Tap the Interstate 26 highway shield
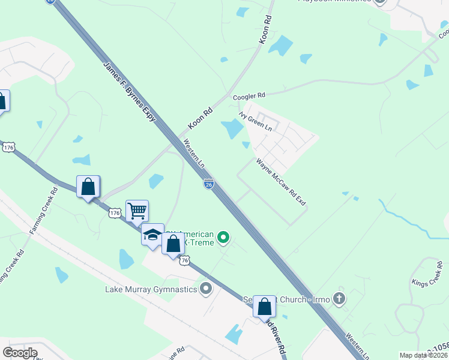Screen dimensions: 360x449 (x=208, y=184)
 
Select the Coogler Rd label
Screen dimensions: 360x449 (x=249, y=96)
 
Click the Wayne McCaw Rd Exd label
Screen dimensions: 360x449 (x=280, y=182)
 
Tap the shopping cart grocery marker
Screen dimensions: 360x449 (x=137, y=211)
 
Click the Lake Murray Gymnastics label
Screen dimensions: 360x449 (x=151, y=290)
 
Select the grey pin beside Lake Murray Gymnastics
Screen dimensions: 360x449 (x=206, y=289)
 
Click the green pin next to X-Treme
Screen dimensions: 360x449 (x=223, y=238)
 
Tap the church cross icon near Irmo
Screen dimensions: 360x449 (x=339, y=299)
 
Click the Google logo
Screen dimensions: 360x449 (x=20, y=352)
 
